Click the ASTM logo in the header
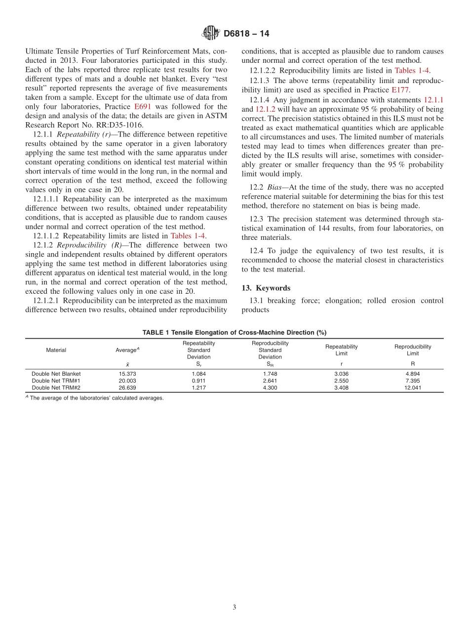[x=210, y=34]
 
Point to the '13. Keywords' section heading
[x=266, y=288]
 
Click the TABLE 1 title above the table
[x=234, y=332]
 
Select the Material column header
[x=56, y=350]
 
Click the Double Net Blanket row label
[x=56, y=374]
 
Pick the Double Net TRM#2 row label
[x=56, y=388]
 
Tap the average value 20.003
[x=127, y=381]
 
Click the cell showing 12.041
[x=412, y=388]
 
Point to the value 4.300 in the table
[x=270, y=388]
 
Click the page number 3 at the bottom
[x=234, y=607]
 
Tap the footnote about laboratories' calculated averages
[x=96, y=398]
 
